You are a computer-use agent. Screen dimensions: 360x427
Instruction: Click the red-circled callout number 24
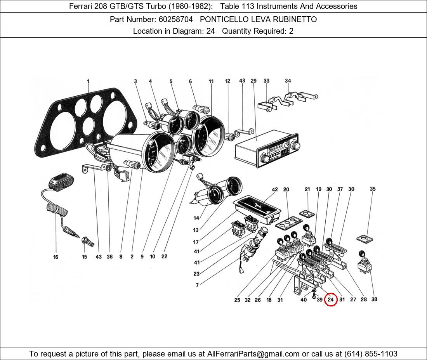pyautogui.click(x=330, y=299)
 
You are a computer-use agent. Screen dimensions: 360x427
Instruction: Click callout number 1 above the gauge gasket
pyautogui.click(x=88, y=81)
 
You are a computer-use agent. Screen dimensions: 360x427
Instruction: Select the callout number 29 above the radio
pyautogui.click(x=253, y=81)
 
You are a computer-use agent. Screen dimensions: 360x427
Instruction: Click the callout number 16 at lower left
pyautogui.click(x=56, y=257)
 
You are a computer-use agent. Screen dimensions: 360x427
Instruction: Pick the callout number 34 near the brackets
pyautogui.click(x=288, y=81)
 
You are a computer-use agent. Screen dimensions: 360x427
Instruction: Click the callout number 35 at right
pyautogui.click(x=373, y=189)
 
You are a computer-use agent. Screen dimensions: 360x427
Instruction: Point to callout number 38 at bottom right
pyautogui.click(x=374, y=299)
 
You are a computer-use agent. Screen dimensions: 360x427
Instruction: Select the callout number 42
pyautogui.click(x=275, y=190)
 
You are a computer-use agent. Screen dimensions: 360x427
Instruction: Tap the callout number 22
pyautogui.click(x=164, y=256)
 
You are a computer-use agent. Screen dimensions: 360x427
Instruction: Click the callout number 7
pyautogui.click(x=197, y=285)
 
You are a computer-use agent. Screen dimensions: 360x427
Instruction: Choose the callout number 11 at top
pyautogui.click(x=211, y=81)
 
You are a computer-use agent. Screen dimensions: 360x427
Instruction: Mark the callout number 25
pyautogui.click(x=237, y=300)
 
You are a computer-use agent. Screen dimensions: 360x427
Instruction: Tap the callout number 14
pyautogui.click(x=196, y=218)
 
